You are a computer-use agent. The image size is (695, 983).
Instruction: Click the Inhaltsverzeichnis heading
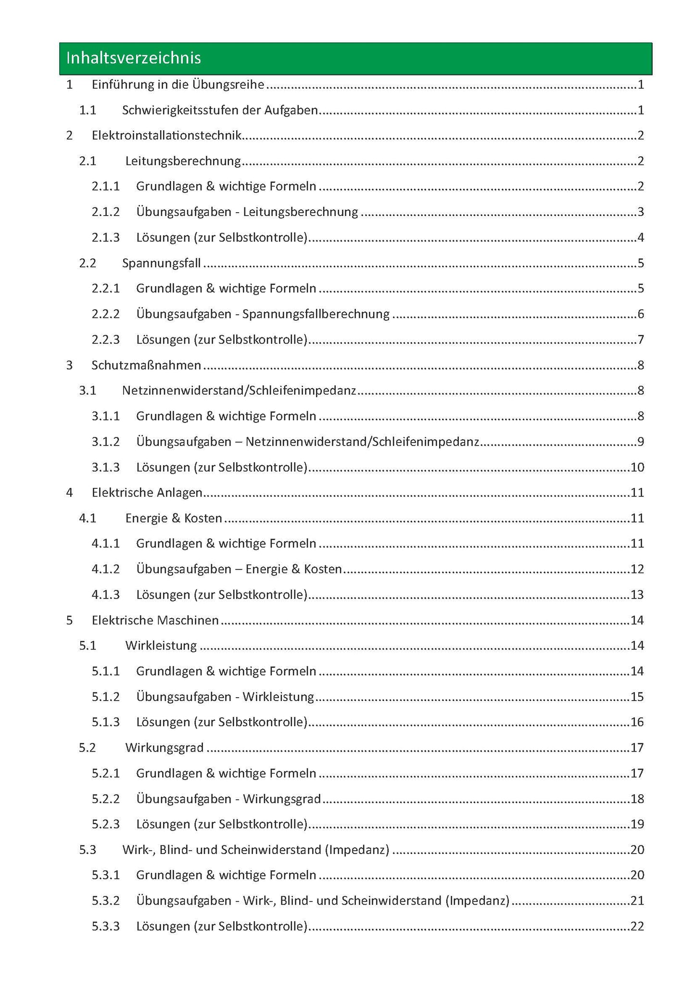[x=133, y=58]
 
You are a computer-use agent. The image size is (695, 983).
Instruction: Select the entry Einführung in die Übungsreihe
[x=178, y=85]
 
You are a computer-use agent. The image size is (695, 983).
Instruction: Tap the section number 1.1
[x=88, y=110]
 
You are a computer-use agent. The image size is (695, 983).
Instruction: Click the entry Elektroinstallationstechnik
[x=166, y=136]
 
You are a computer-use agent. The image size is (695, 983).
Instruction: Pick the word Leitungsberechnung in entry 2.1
[x=183, y=161]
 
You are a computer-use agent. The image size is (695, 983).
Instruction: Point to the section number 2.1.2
[x=105, y=212]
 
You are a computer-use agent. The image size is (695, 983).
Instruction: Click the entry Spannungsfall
[x=161, y=263]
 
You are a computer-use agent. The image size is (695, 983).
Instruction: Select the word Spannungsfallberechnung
[x=316, y=314]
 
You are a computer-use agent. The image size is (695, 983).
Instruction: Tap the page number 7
[x=640, y=340]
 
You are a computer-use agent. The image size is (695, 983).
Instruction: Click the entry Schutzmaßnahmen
[x=146, y=365]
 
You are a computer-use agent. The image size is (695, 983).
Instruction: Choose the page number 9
[x=640, y=442]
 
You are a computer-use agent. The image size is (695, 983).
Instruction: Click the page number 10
[x=637, y=467]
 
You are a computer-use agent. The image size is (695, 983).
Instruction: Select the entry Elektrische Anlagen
[x=147, y=493]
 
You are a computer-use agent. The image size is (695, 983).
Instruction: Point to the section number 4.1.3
[x=105, y=595]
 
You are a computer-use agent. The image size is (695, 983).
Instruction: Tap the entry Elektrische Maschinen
[x=155, y=620]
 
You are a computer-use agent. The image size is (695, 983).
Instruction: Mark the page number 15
[x=637, y=697]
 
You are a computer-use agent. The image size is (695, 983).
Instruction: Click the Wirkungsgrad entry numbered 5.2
[x=164, y=748]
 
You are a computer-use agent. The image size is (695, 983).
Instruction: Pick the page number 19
[x=637, y=824]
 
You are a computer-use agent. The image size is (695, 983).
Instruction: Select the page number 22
[x=637, y=926]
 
